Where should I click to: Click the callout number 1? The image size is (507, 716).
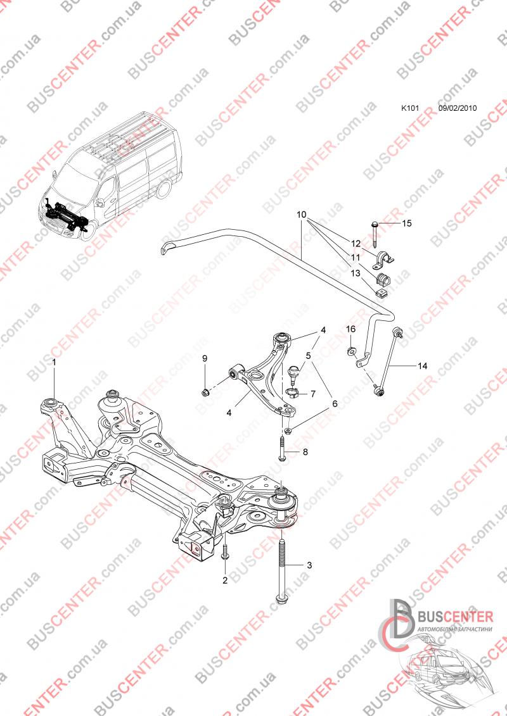pos(55,363)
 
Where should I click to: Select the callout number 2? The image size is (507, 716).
pos(224,580)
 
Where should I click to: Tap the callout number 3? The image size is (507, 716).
pos(309,565)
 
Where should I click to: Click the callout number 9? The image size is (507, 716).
pos(205,359)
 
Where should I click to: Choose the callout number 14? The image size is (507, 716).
pos(423,365)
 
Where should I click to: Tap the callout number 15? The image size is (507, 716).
pos(407,223)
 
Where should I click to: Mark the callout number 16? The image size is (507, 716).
pos(350,329)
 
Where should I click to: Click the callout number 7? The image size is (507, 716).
pos(312,394)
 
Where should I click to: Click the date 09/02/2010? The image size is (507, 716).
pos(457,108)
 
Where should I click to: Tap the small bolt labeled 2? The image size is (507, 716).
pos(224,553)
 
